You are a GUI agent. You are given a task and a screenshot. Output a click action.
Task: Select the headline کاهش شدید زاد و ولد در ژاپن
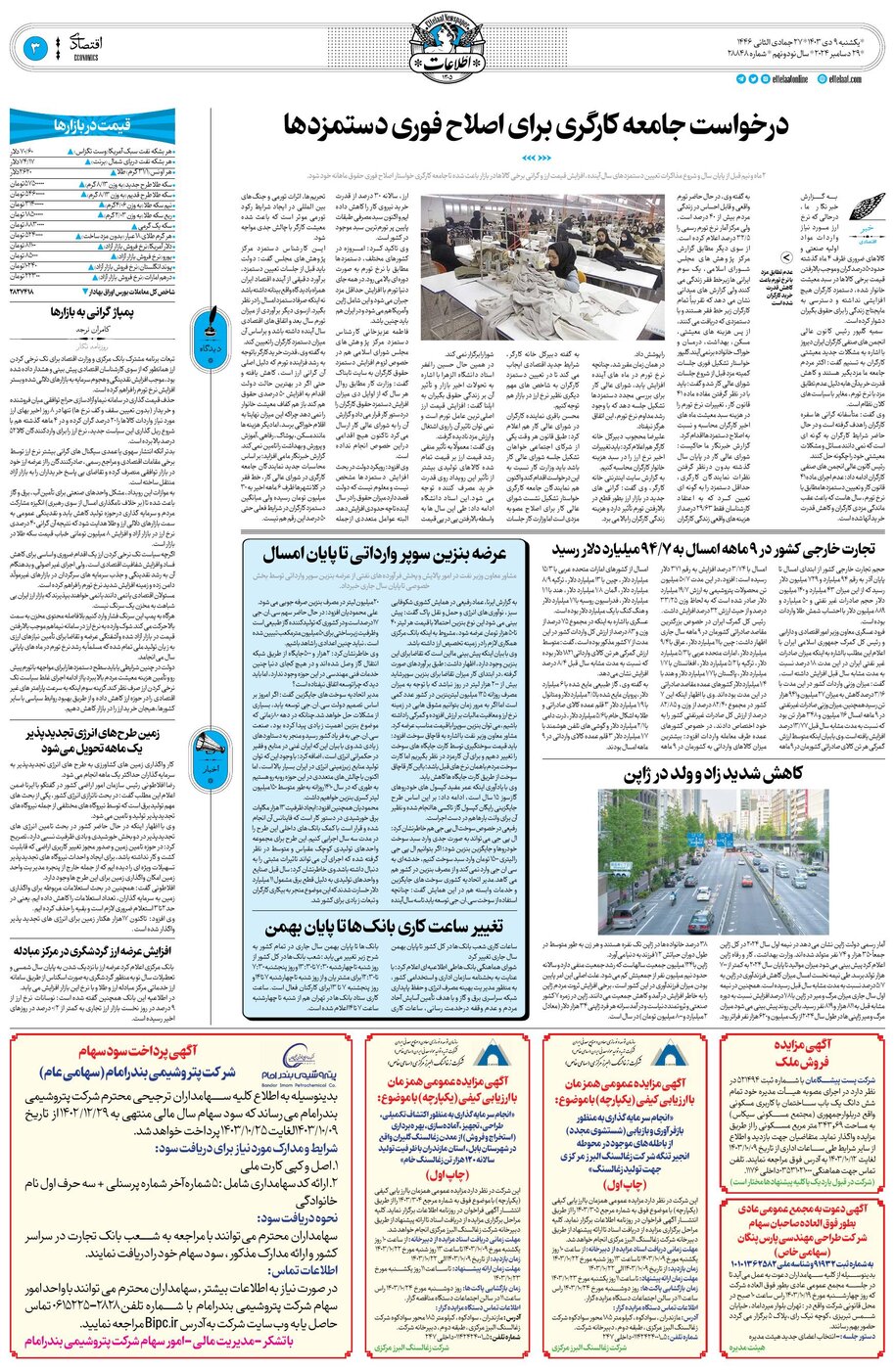714,774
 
